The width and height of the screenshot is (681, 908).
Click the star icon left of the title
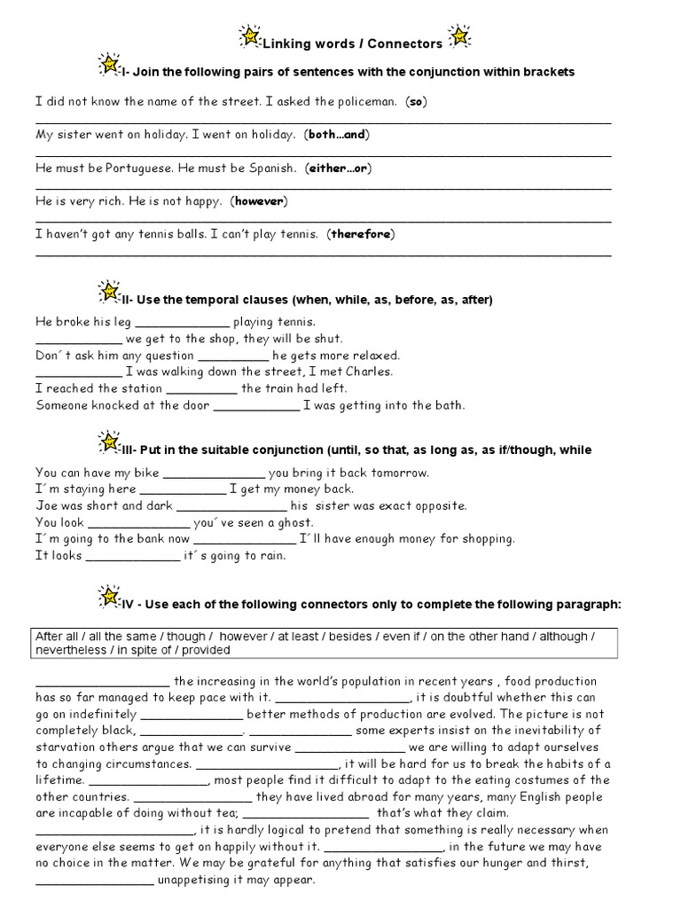click(249, 36)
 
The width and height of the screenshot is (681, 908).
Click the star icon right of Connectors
click(458, 36)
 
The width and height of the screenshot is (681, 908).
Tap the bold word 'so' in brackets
click(417, 102)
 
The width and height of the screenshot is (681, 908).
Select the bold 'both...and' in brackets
click(336, 135)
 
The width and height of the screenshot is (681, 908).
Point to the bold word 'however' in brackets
click(258, 201)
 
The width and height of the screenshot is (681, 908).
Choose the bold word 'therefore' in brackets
click(361, 234)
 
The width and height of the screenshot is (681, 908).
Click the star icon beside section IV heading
click(106, 594)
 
